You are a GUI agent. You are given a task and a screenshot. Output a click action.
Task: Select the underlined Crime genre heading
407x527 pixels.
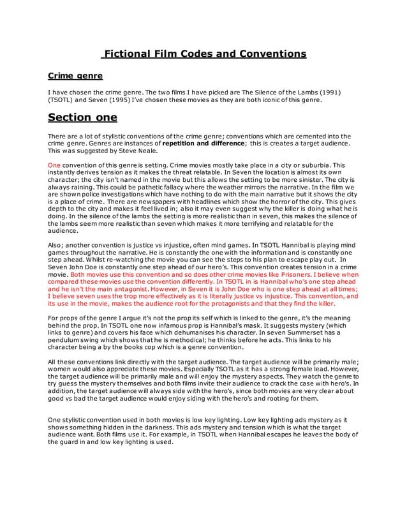(75, 77)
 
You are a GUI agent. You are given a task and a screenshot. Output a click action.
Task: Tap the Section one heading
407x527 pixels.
(82, 117)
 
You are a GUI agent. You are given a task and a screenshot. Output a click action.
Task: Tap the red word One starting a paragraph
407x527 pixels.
(54, 165)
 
